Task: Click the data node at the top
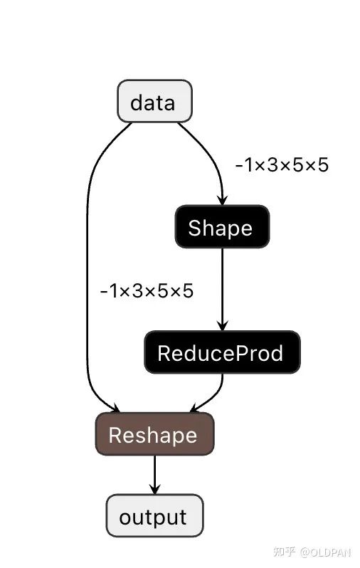point(154,101)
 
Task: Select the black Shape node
point(222,227)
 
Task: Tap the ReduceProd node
point(222,352)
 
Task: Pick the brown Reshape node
point(154,434)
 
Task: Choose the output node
point(154,515)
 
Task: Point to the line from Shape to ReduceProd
point(223,289)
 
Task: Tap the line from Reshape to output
point(154,475)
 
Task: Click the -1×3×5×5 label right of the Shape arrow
point(282,165)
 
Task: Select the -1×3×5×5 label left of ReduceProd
point(147,291)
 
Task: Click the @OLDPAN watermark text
point(325,552)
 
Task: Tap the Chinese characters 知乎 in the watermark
point(285,552)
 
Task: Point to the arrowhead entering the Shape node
point(223,200)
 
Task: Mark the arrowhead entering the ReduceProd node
point(223,325)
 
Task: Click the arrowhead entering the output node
point(154,489)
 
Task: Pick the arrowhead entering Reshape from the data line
point(115,408)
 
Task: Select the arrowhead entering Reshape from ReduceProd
point(194,408)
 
